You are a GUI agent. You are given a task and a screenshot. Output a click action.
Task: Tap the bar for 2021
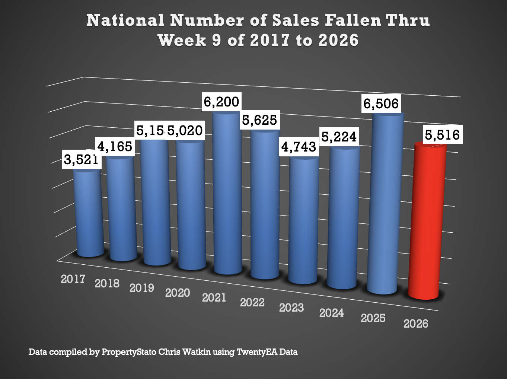228,194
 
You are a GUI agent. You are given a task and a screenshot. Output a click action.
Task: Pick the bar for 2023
304,220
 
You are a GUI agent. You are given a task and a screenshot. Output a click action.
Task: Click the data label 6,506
381,103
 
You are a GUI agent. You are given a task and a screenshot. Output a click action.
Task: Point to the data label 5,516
442,135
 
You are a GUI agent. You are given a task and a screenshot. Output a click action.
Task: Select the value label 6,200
221,102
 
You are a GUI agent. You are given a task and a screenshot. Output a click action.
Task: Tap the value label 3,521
81,160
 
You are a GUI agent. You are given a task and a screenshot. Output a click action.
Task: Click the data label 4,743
299,147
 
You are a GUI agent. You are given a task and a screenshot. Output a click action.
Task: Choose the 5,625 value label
259,120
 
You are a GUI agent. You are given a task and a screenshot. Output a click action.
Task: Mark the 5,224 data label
339,137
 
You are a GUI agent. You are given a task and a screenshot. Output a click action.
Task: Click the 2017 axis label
73,279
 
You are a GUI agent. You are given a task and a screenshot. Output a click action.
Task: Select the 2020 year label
178,293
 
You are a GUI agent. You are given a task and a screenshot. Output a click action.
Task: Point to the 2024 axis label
331,313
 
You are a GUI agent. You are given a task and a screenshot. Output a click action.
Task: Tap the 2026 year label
416,324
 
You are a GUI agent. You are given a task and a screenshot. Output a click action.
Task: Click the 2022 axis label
252,302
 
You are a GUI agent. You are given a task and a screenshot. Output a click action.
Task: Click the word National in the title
125,20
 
